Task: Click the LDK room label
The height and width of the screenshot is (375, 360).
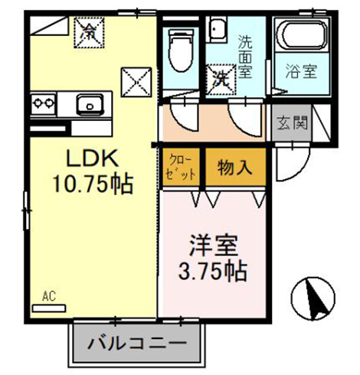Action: [x=89, y=158]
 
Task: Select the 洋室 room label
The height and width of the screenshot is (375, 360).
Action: [x=214, y=247]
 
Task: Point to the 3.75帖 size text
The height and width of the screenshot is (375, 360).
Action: [x=214, y=271]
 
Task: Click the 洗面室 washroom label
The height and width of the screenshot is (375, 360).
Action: [x=246, y=54]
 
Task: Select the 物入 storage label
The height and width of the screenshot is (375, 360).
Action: [x=232, y=166]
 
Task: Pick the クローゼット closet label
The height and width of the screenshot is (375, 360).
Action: [x=182, y=166]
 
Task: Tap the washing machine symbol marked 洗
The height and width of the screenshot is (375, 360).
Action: [x=220, y=77]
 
